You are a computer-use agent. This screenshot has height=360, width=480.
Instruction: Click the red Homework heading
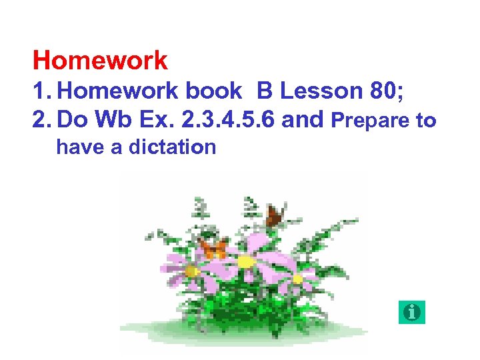point(100,61)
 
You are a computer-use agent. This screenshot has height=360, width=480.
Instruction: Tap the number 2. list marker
point(43,121)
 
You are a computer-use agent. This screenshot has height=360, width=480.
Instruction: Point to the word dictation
point(173,147)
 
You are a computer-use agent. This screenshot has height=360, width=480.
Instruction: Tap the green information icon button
point(412,312)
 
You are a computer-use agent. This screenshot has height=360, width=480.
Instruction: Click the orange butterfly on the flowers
point(213,249)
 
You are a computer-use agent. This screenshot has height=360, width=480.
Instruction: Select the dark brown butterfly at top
point(273,215)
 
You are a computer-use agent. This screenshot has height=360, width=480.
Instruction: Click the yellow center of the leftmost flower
point(192,271)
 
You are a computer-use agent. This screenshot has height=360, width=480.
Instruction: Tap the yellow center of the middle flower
point(246,262)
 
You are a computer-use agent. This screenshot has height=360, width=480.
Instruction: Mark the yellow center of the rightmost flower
point(297,279)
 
